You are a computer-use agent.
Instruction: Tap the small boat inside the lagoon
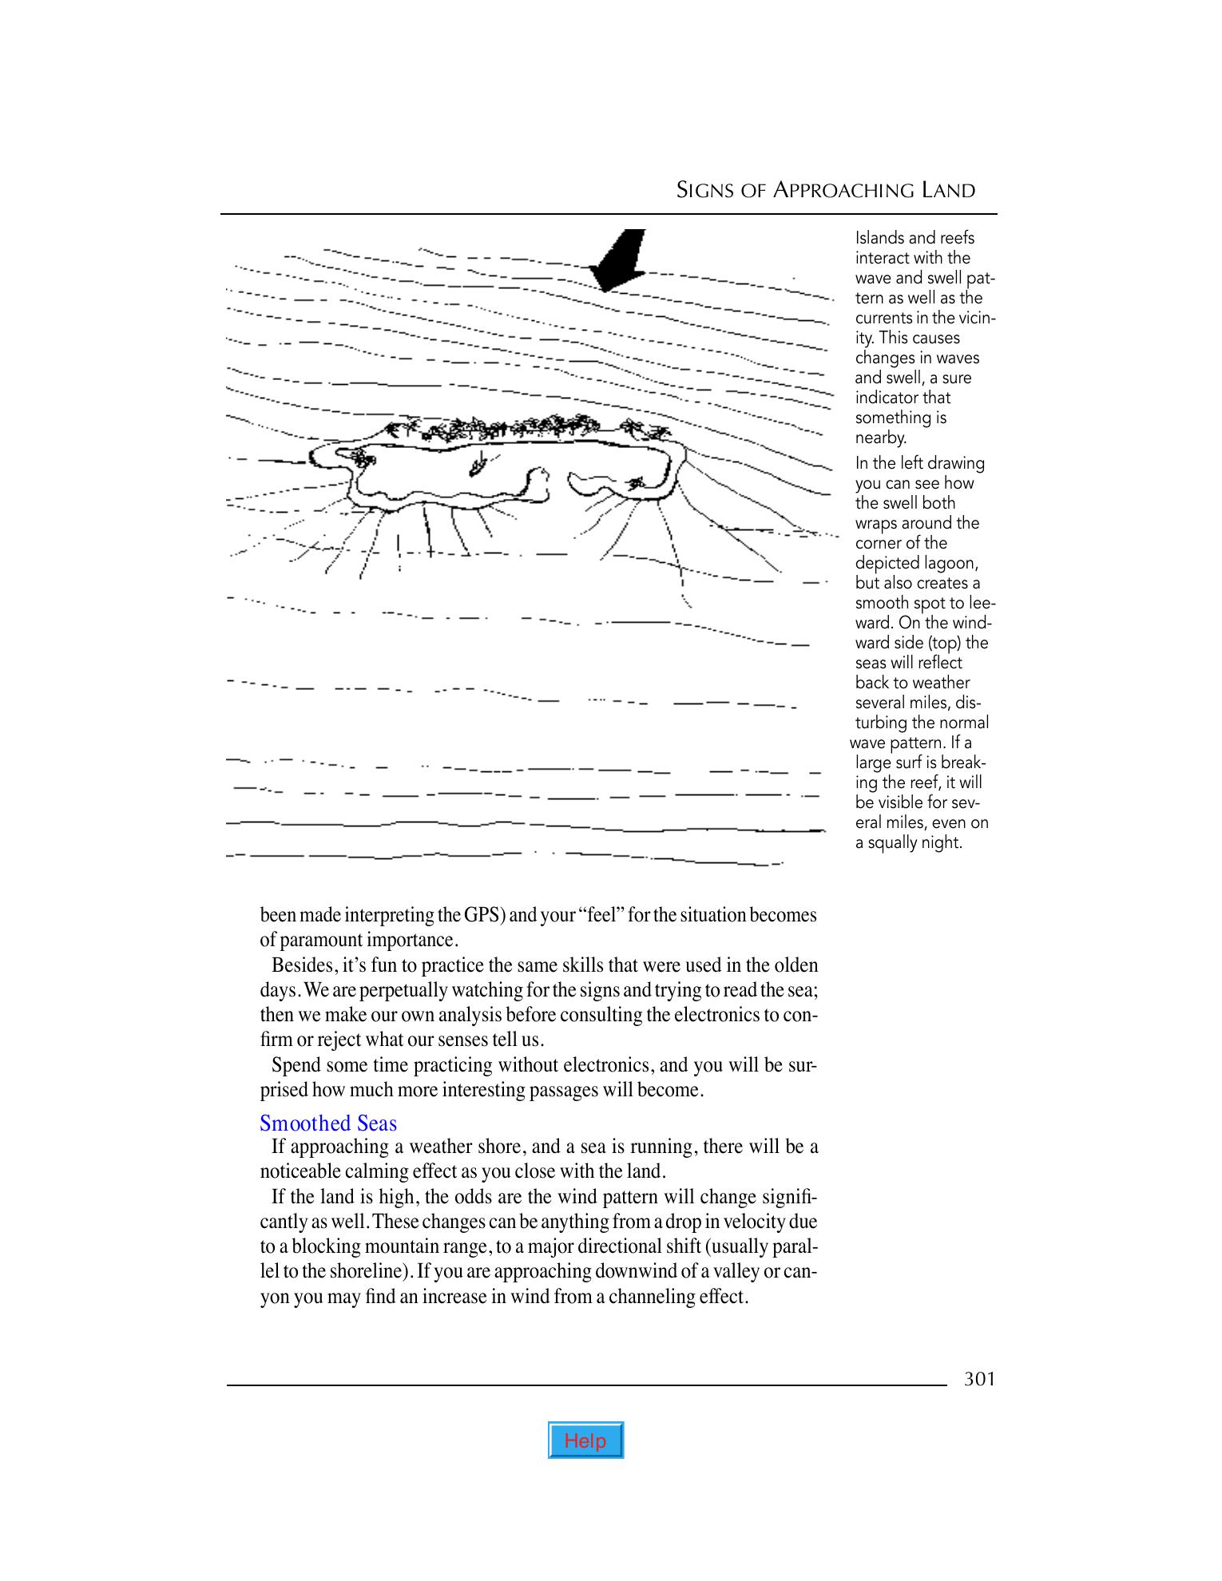[480, 463]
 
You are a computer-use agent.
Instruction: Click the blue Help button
[585, 1440]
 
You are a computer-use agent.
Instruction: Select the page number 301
[979, 1379]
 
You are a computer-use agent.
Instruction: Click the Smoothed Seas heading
[328, 1123]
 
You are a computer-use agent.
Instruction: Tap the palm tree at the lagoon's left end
[363, 458]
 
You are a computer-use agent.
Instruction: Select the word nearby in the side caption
[880, 438]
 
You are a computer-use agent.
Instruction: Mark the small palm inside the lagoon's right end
[637, 483]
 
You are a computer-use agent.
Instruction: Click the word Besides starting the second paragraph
[301, 965]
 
